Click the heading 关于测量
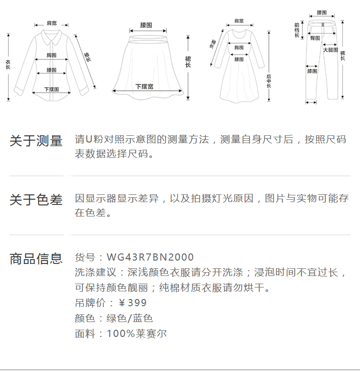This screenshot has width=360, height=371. [36, 141]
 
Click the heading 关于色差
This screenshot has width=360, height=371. [36, 200]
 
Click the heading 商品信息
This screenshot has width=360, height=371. [36, 259]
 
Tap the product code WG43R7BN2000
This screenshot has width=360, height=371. [150, 258]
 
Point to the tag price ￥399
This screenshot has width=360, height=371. [132, 303]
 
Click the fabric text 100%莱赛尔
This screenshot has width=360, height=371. [137, 334]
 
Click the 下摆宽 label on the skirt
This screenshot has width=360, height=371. [144, 87]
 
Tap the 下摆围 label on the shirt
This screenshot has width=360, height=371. [51, 89]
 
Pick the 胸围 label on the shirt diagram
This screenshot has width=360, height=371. [51, 55]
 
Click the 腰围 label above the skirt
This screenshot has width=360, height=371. [146, 25]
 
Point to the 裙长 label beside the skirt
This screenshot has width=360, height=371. [188, 61]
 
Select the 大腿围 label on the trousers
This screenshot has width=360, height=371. [330, 49]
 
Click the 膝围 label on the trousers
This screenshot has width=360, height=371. [312, 71]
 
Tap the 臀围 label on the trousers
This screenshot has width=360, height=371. [315, 37]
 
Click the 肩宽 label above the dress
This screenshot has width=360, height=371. [239, 21]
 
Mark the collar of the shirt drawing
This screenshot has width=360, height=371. [50, 35]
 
